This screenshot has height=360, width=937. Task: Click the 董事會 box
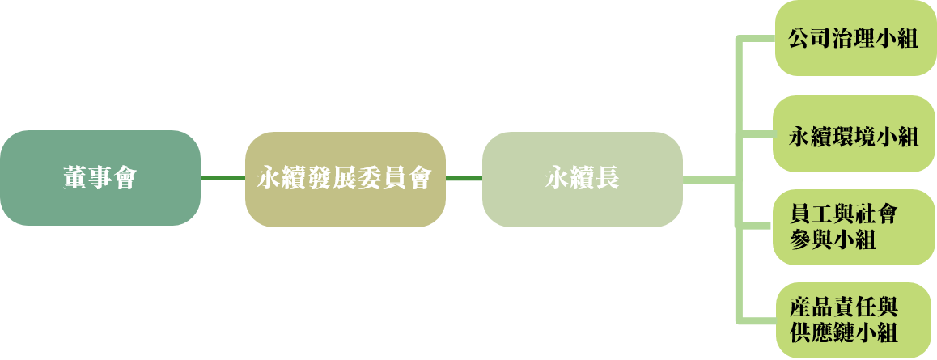pyautogui.click(x=100, y=178)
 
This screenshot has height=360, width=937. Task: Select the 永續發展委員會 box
pyautogui.click(x=346, y=179)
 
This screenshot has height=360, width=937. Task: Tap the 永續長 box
pyautogui.click(x=583, y=179)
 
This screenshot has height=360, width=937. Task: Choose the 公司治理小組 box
pyautogui.click(x=856, y=37)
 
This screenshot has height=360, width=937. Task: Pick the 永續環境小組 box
pyautogui.click(x=854, y=133)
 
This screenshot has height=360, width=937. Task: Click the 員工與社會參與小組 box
pyautogui.click(x=854, y=227)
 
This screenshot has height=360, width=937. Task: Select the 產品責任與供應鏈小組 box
pyautogui.click(x=856, y=320)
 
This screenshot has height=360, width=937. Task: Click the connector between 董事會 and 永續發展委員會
pyautogui.click(x=223, y=178)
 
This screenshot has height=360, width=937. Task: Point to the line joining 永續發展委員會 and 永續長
pyautogui.click(x=464, y=178)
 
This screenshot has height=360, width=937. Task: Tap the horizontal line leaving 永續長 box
pyautogui.click(x=710, y=180)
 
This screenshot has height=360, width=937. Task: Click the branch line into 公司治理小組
pyautogui.click(x=756, y=39)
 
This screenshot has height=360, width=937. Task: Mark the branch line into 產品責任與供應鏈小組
pyautogui.click(x=756, y=320)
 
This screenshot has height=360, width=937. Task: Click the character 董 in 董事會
pyautogui.click(x=74, y=178)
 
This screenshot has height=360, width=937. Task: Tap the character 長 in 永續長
pyautogui.click(x=607, y=178)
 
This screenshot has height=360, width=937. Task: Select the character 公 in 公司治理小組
pyautogui.click(x=799, y=38)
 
